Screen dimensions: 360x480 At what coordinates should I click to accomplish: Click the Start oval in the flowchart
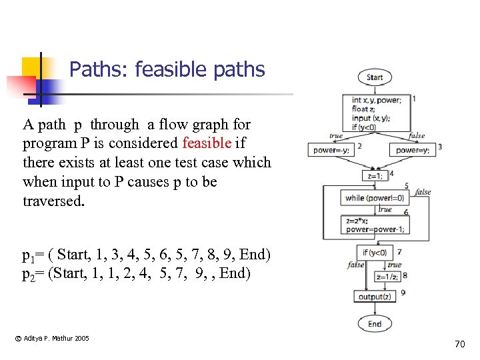[x=374, y=77]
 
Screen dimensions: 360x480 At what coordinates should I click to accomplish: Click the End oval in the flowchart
[x=374, y=324]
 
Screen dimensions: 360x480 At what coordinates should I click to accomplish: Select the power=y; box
[x=413, y=150]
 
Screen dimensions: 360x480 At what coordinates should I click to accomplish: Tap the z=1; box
[x=375, y=176]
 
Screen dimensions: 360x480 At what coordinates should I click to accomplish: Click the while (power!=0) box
[x=375, y=197]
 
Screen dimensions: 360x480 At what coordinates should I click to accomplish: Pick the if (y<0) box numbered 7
[x=374, y=253]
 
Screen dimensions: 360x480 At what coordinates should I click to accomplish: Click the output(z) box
[x=375, y=296]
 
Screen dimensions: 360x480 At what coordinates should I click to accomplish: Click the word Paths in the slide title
[x=93, y=69]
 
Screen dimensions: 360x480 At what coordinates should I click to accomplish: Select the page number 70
[x=459, y=344]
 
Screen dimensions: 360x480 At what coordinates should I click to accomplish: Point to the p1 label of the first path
[x=29, y=256]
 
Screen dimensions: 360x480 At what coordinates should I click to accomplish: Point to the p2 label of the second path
[x=29, y=273]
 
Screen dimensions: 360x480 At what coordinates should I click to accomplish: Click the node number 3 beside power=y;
[x=440, y=147]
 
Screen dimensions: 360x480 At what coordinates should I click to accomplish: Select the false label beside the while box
[x=423, y=192]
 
